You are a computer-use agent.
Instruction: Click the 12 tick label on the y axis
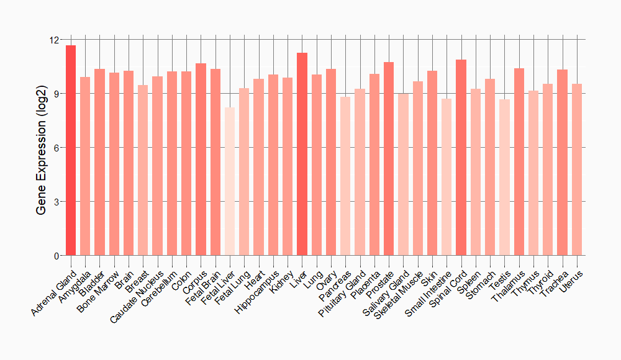[54, 40]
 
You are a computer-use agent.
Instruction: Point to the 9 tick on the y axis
[57, 94]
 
